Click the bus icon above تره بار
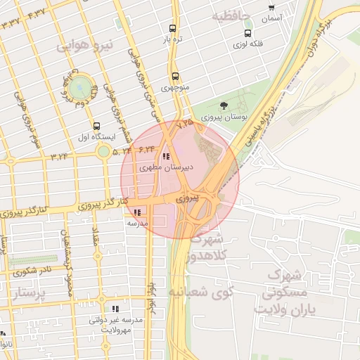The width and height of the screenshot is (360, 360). (x=173, y=30)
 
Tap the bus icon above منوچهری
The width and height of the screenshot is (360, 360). (x=175, y=77)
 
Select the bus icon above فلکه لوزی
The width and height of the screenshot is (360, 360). (x=247, y=33)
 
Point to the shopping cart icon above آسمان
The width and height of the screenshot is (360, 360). (x=271, y=8)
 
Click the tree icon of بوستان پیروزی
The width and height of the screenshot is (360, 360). (x=224, y=105)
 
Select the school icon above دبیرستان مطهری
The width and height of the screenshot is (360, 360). (x=166, y=156)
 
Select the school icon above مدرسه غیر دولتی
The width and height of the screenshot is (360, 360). (x=116, y=309)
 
